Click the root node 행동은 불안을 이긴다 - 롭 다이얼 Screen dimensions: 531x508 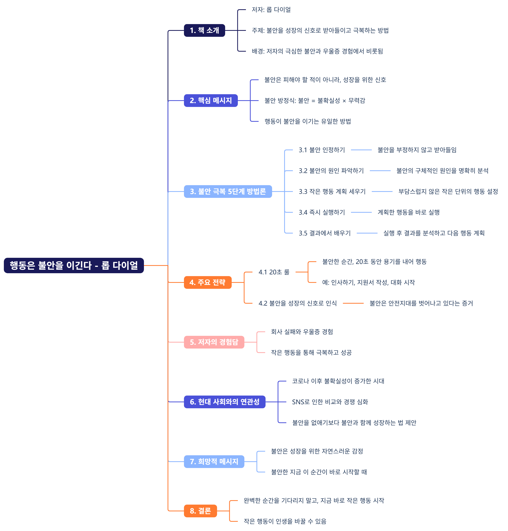[74, 265]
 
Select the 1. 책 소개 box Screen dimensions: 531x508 [204, 30]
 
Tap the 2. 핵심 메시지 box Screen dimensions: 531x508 [211, 101]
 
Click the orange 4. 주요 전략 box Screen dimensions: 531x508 [207, 282]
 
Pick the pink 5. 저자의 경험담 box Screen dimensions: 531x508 [214, 342]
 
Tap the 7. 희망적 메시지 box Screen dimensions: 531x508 [214, 461]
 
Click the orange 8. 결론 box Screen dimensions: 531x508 [200, 511]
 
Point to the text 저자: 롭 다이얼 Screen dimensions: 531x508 [271, 10]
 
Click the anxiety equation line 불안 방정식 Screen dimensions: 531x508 [315, 101]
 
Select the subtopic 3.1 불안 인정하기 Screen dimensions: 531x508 [322, 150]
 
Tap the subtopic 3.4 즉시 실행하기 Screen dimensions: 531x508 [322, 212]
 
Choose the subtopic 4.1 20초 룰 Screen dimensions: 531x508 [274, 272]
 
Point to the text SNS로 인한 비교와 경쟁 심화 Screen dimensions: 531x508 [330, 402]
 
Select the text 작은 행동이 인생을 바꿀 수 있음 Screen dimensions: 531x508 [285, 521]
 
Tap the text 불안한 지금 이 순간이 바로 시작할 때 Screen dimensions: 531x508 [319, 472]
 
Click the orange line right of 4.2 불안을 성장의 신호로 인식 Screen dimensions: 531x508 [353, 303]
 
